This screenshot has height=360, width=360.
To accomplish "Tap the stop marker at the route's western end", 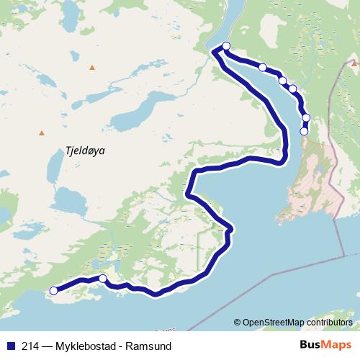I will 53,291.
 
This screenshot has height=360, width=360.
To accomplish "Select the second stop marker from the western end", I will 102,279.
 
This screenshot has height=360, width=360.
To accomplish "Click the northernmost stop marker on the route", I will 226,46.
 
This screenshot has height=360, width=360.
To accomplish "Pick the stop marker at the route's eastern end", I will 304,131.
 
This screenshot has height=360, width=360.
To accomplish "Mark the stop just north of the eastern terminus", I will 306,117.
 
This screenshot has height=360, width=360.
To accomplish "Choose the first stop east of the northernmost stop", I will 263,67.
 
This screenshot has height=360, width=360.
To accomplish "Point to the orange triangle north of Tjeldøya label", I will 92,68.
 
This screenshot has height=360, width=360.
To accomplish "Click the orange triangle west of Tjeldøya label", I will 42,132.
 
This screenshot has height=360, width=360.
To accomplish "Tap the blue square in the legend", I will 9,344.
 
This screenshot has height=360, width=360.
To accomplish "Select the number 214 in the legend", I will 31,344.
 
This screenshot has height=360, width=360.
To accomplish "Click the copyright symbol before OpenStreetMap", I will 237,323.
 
